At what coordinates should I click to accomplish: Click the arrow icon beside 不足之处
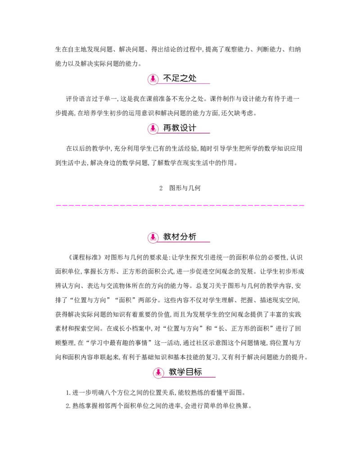point(153,79)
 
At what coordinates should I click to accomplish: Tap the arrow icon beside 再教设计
point(153,128)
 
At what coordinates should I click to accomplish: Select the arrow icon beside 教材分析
point(153,237)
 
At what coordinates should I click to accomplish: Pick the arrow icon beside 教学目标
point(158,373)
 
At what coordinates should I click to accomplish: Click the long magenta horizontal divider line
point(180,205)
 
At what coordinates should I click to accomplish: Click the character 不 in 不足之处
point(167,78)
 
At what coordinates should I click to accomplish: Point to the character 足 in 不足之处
point(176,78)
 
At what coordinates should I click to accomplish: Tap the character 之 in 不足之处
point(184,78)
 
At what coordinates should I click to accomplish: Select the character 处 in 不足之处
point(193,78)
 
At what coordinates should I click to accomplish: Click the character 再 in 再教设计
point(167,128)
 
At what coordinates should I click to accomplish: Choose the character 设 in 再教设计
point(184,128)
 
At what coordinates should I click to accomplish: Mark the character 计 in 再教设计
point(193,128)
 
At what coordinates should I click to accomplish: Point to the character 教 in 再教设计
point(176,128)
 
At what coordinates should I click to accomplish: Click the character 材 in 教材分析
point(176,236)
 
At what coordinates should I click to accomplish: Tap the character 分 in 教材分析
point(184,236)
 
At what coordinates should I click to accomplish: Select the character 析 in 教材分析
point(193,236)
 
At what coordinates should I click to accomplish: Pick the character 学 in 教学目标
point(181,372)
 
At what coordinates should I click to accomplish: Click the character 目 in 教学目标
point(190,372)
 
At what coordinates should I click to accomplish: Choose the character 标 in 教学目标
point(198,372)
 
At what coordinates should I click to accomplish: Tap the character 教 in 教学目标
point(173,372)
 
